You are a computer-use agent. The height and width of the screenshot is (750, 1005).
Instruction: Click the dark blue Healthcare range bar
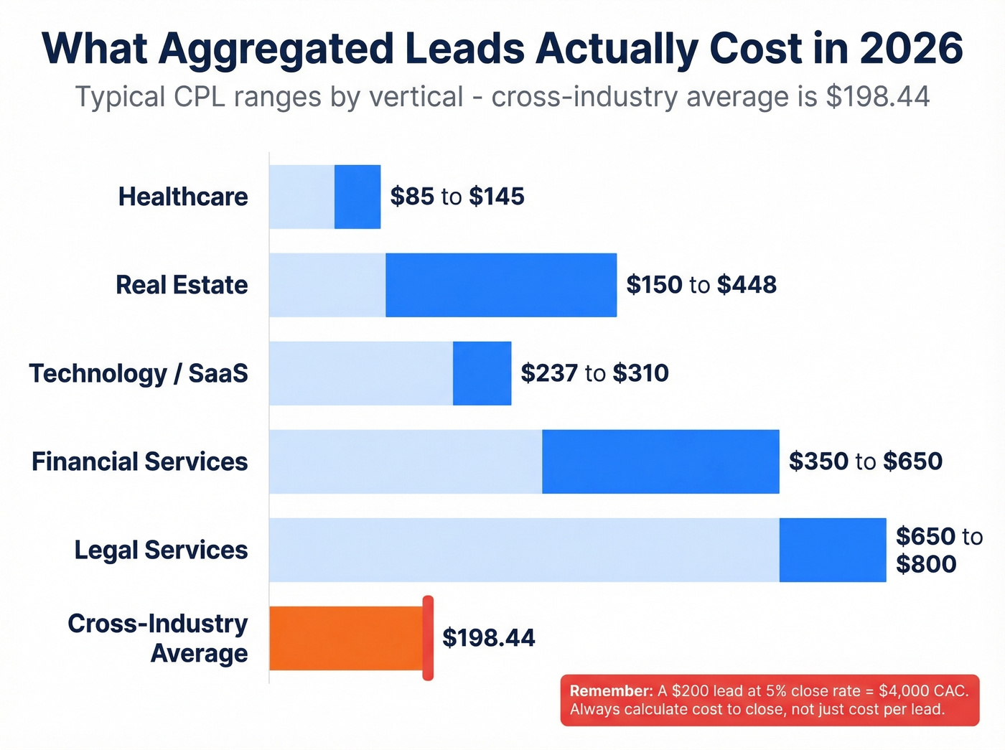click(357, 197)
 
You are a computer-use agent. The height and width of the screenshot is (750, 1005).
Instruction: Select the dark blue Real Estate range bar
click(501, 285)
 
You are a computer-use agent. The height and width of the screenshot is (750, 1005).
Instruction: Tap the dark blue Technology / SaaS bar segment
click(482, 373)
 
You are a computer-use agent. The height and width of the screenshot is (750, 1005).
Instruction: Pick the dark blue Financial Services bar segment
click(660, 461)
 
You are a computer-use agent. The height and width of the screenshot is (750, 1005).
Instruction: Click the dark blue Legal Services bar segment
click(833, 550)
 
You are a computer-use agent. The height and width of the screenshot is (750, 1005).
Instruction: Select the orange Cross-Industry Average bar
click(346, 638)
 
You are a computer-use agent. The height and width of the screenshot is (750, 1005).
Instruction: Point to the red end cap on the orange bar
click(428, 638)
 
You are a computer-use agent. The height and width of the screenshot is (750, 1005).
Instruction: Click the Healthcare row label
click(183, 197)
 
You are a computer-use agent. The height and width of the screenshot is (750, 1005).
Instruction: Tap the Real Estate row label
click(182, 285)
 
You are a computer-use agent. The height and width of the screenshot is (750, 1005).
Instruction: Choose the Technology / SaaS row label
click(139, 373)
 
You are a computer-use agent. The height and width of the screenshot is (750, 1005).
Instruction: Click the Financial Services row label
click(140, 461)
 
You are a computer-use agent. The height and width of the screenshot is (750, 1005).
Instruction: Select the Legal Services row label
click(162, 550)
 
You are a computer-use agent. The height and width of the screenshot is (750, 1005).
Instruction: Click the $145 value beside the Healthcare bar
click(497, 197)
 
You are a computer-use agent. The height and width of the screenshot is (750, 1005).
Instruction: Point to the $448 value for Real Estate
click(747, 285)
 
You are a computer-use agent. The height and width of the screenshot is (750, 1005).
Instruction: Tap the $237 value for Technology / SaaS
click(549, 373)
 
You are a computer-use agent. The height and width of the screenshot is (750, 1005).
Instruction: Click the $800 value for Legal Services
click(926, 564)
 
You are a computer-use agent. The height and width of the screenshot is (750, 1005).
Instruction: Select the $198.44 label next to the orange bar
click(489, 638)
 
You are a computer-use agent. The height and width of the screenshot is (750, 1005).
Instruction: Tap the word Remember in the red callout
click(610, 691)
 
